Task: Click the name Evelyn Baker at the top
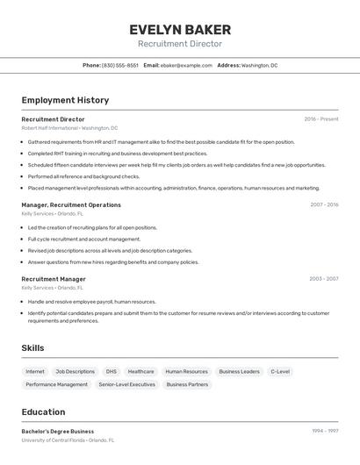[180, 29]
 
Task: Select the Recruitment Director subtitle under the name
[180, 44]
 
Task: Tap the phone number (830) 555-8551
[120, 66]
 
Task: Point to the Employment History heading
[65, 100]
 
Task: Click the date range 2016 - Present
[321, 119]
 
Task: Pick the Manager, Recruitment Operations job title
[71, 204]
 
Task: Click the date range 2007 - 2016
[324, 204]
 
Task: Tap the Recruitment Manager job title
[54, 279]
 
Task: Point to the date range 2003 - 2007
[324, 279]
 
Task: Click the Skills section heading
[32, 348]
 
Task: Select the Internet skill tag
[35, 371]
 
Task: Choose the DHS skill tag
[111, 371]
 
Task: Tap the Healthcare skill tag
[140, 371]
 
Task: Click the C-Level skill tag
[280, 371]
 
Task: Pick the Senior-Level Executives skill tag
[126, 384]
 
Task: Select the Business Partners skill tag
[187, 384]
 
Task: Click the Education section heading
[43, 412]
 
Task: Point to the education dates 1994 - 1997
[325, 432]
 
